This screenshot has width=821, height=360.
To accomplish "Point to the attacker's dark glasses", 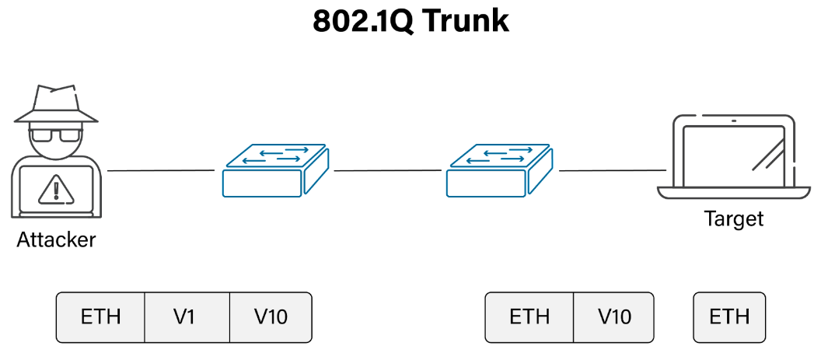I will pyautogui.click(x=56, y=136).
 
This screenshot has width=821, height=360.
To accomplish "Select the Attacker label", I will pyautogui.click(x=56, y=239).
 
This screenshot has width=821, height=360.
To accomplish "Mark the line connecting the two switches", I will pyautogui.click(x=389, y=170).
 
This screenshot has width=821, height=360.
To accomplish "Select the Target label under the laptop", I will pyautogui.click(x=733, y=218).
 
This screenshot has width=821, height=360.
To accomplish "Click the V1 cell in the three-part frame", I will pyautogui.click(x=187, y=317).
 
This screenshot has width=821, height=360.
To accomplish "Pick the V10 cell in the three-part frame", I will pyautogui.click(x=271, y=317).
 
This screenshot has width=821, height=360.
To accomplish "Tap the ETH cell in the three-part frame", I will pyautogui.click(x=101, y=317).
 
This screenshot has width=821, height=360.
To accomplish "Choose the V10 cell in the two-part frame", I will pyautogui.click(x=614, y=317).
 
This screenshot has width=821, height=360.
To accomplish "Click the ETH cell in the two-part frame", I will pyautogui.click(x=529, y=317).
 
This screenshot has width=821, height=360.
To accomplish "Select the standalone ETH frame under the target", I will pyautogui.click(x=729, y=317).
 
